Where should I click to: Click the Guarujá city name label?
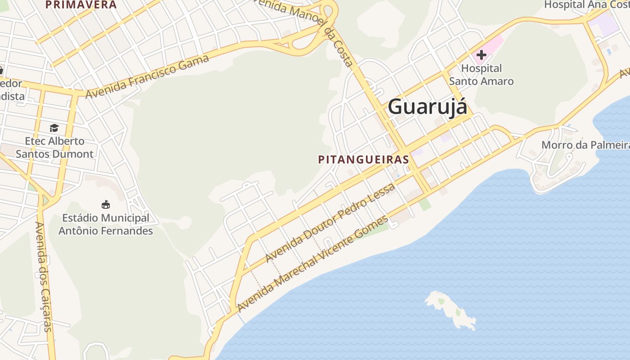point(427,107)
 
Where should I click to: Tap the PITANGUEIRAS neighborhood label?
point(363,159)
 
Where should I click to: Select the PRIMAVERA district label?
point(81,4)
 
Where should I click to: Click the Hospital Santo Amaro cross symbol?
point(481,55)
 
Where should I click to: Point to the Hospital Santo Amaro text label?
point(481,75)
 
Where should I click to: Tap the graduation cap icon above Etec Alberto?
point(54,128)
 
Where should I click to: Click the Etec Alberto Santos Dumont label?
point(54,147)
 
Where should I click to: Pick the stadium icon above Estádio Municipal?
point(106,205)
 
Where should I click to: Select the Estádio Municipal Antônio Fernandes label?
point(106,224)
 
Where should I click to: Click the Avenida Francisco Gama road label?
point(147,76)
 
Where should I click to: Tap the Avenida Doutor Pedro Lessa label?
point(330,223)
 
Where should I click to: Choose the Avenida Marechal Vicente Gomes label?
point(312,264)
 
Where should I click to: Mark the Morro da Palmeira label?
point(585,145)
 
